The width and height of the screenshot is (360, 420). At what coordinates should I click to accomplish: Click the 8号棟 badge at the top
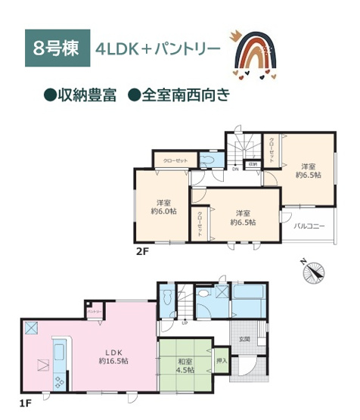57,46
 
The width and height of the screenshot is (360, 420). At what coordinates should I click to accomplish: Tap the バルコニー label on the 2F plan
309,226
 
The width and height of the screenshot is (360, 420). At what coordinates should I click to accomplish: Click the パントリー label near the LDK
94,312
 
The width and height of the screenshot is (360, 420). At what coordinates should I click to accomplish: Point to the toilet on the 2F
208,160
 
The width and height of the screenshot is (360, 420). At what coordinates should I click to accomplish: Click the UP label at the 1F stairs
185,322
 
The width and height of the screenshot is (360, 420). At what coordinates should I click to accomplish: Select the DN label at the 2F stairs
235,170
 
